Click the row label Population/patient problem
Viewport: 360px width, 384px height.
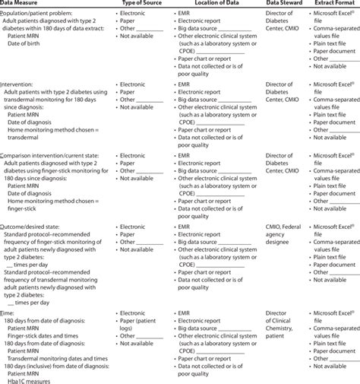[45, 14]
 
